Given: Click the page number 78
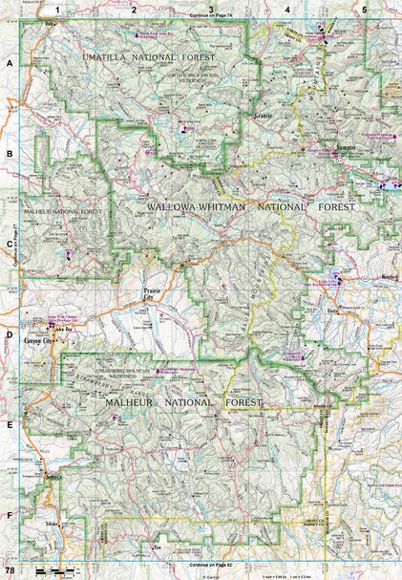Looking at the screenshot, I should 9,571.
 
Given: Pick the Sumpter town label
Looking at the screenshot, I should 352,149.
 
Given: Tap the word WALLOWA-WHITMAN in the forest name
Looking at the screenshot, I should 197,206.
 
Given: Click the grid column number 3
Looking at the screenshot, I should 210,9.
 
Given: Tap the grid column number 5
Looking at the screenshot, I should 363,9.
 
